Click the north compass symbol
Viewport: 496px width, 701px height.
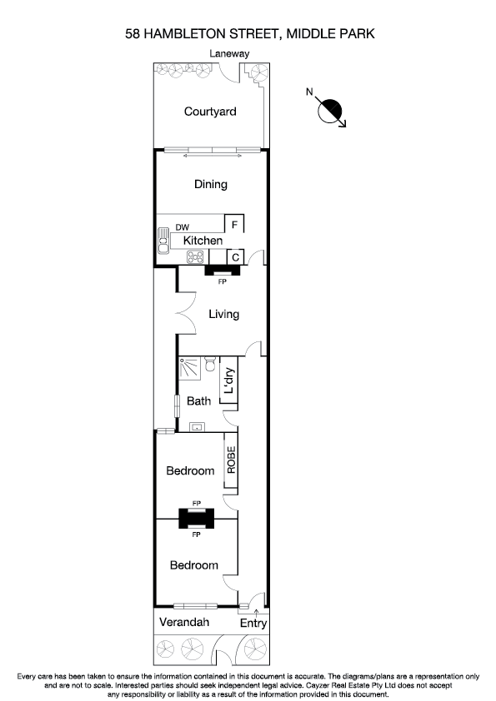coord(331,109)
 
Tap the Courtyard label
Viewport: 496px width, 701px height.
coord(210,111)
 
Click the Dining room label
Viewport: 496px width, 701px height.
coord(210,184)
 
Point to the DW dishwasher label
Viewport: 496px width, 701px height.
coord(182,226)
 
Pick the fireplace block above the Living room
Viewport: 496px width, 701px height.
coord(222,271)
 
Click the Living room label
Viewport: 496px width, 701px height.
coord(223,314)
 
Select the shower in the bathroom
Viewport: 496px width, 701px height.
coord(189,367)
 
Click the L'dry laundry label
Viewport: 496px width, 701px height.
coord(229,385)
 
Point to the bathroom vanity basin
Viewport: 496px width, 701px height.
coord(197,427)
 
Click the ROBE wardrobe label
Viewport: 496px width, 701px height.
coord(231,460)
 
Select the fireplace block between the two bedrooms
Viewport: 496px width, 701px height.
coord(197,519)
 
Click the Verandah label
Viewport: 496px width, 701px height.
coord(185,623)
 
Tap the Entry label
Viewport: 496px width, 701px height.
coord(253,623)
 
